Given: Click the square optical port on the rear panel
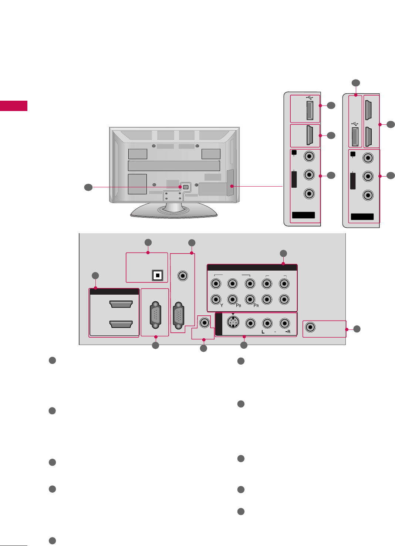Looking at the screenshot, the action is (158, 275).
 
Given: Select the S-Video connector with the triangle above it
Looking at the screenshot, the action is (233, 323).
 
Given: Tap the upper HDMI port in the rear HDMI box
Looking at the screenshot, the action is (121, 304).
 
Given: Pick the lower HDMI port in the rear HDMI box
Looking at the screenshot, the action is (121, 324).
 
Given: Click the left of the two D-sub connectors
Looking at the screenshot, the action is (156, 315).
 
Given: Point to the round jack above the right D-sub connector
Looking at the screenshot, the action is (182, 275).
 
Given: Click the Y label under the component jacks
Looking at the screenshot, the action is (222, 305).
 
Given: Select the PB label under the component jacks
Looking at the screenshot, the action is (239, 305).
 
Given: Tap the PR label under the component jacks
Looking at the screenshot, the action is (256, 305).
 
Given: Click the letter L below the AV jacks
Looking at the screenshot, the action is (263, 332).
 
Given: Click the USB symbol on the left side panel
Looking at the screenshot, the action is (310, 98).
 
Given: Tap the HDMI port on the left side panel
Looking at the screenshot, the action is (310, 135).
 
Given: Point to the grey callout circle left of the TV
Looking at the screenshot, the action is (88, 187).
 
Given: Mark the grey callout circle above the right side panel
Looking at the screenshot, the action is (355, 83).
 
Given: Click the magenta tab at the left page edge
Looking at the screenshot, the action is (14, 106).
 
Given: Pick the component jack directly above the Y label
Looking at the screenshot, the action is (216, 299).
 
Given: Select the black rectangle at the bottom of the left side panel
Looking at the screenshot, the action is (303, 215).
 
